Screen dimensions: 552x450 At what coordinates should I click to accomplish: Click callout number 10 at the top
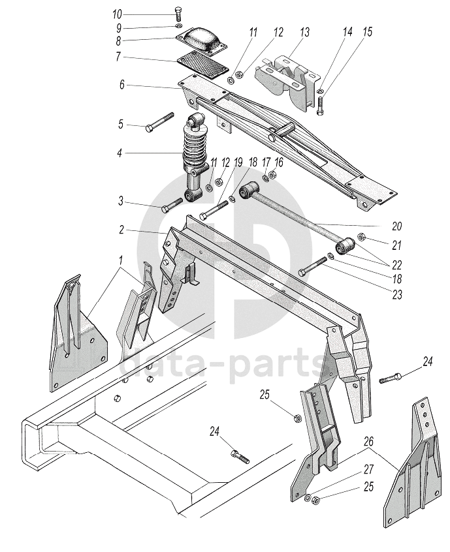click(117, 14)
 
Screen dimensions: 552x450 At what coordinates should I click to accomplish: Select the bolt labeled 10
click(178, 14)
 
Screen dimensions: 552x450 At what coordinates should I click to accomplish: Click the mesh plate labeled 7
click(202, 66)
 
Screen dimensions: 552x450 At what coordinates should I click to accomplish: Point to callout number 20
click(396, 226)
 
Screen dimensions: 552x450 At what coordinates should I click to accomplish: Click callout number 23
click(398, 295)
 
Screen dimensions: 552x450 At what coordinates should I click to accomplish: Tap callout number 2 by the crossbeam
click(121, 230)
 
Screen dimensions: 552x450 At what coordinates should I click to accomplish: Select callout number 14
click(347, 31)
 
